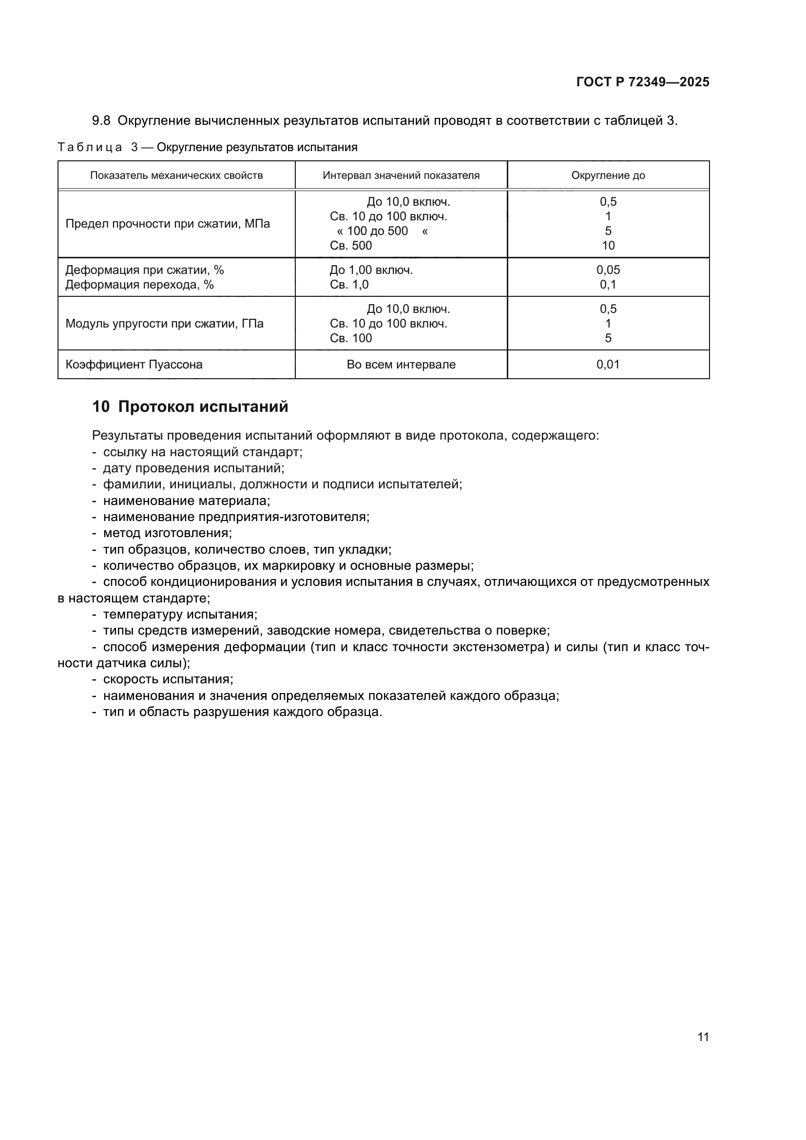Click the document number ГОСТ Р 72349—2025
[642, 82]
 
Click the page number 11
[703, 1037]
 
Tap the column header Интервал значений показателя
[401, 175]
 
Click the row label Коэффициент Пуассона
[134, 365]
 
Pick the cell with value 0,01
[608, 365]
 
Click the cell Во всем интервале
[401, 365]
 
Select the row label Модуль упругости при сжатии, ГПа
[164, 324]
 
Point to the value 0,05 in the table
[608, 270]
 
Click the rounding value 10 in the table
[608, 245]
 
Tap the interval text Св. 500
[350, 245]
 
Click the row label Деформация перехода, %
[139, 285]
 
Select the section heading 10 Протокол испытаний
[190, 406]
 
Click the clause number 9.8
[101, 121]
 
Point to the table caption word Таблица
[90, 148]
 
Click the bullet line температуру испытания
[180, 614]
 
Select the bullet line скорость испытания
[168, 679]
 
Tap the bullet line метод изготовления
[167, 533]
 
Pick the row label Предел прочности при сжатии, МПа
[167, 224]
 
